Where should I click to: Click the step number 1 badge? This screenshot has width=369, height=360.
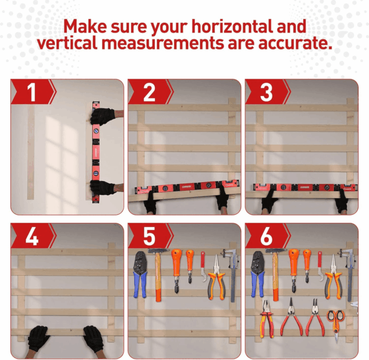(x=33, y=92)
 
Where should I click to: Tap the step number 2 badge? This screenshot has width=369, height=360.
(x=149, y=92)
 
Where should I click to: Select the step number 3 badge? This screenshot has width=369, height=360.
(x=267, y=92)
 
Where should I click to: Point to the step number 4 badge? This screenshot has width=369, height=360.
(x=33, y=236)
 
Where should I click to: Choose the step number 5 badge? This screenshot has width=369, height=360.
(x=149, y=236)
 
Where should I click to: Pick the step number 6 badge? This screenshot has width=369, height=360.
(x=267, y=236)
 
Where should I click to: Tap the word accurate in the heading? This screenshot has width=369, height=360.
(x=295, y=43)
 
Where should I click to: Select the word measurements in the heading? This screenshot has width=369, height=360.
(x=162, y=43)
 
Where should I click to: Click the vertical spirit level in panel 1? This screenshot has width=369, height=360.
(x=95, y=152)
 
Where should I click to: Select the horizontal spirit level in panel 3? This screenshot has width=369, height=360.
(x=305, y=187)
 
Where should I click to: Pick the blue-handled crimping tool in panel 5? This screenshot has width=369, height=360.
(x=140, y=274)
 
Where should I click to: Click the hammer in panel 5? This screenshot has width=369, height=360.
(x=158, y=274)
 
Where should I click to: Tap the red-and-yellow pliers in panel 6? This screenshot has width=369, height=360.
(x=268, y=319)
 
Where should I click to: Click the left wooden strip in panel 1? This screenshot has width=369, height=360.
(x=31, y=153)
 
